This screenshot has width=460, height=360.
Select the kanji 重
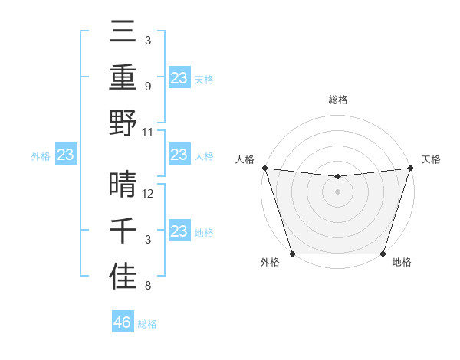(x=123, y=77)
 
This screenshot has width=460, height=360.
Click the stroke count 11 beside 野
(x=149, y=132)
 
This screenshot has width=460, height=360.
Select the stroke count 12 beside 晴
(x=149, y=194)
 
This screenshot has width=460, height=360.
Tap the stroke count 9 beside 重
(x=147, y=87)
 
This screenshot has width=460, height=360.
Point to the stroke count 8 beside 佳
(x=147, y=286)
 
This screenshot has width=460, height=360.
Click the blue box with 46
(x=123, y=322)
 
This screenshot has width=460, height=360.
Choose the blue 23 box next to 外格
(x=66, y=155)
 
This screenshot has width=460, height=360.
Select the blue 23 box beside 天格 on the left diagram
(x=179, y=77)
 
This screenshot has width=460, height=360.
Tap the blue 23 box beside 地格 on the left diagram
(x=179, y=231)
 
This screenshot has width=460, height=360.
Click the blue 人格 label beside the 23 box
(x=204, y=155)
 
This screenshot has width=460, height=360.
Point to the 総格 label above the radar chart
(x=337, y=100)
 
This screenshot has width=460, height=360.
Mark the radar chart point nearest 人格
(x=264, y=168)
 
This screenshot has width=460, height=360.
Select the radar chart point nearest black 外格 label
(x=292, y=254)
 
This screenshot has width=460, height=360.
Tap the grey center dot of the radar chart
(x=337, y=191)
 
